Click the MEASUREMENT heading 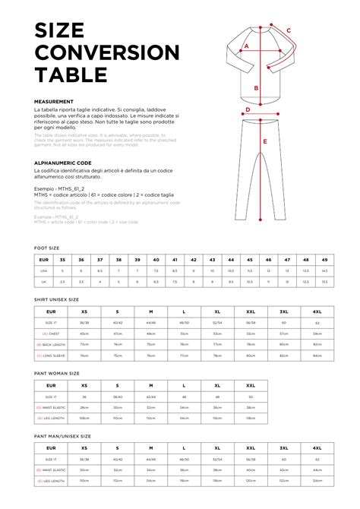coord(54,102)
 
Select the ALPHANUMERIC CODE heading coord(63,163)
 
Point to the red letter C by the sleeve coord(289,31)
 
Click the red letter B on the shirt coord(257,88)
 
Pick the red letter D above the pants coord(248,109)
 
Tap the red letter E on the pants coord(265,141)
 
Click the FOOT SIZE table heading coord(47,248)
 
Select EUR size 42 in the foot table coord(194,260)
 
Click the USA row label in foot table coord(44,270)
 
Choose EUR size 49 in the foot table coord(324,260)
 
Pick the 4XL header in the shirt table coord(317,311)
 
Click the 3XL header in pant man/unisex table coord(283,449)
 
